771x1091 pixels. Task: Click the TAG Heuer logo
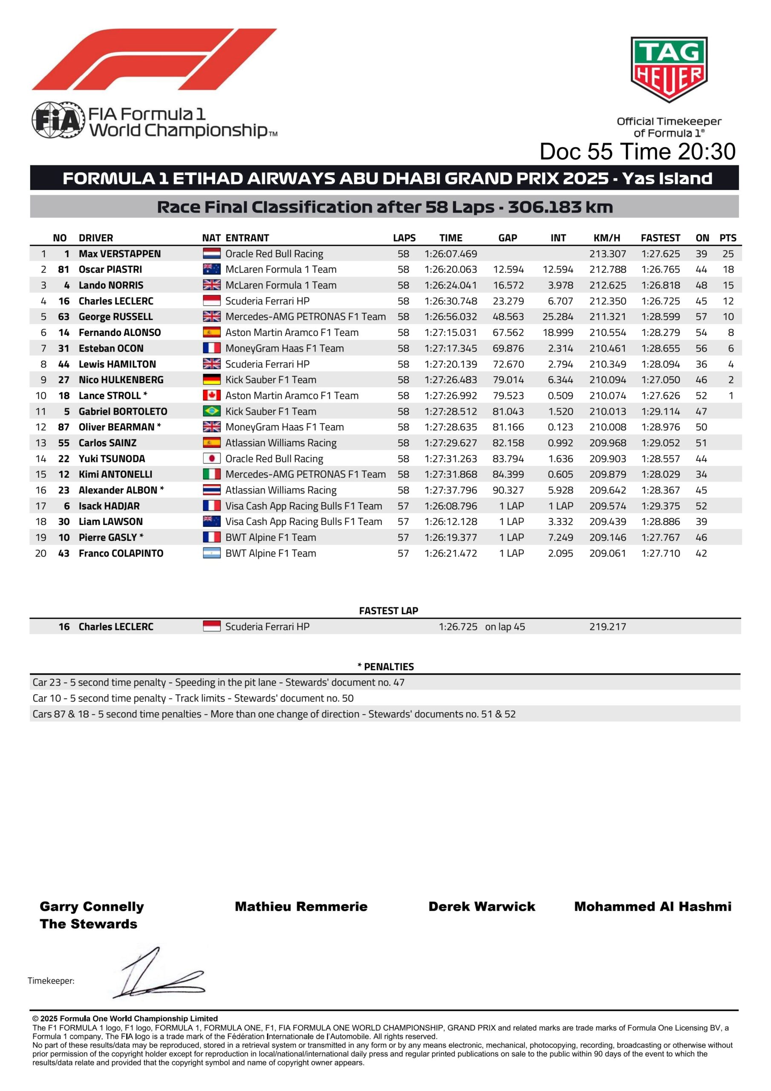click(668, 69)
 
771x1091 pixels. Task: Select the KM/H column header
click(607, 237)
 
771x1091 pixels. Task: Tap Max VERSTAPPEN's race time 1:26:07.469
click(450, 254)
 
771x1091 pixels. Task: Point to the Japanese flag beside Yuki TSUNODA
click(211, 459)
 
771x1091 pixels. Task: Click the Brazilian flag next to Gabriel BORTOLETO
click(211, 412)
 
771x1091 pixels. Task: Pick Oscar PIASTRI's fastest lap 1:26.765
click(660, 269)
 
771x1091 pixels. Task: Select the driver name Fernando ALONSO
click(120, 332)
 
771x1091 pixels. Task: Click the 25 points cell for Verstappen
click(728, 254)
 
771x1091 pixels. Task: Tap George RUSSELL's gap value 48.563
click(508, 317)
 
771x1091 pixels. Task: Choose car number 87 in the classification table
click(63, 427)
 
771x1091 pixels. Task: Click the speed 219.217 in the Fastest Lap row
click(607, 626)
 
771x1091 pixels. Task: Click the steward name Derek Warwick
click(482, 906)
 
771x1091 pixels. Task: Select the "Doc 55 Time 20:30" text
click(638, 152)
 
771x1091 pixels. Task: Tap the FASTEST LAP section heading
click(388, 611)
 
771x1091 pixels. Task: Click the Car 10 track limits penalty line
click(193, 698)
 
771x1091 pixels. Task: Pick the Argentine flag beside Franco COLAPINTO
click(211, 553)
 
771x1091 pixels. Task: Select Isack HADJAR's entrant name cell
click(303, 506)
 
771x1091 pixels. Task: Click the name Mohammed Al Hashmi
click(653, 906)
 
